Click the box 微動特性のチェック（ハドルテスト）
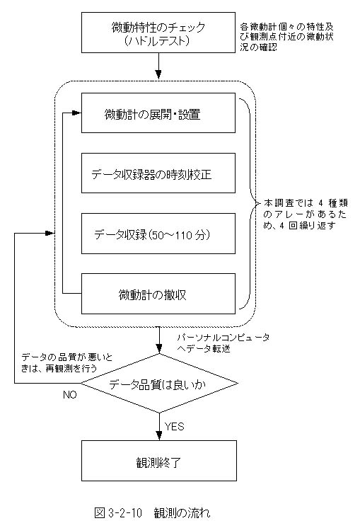[158, 33]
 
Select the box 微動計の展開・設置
[158, 113]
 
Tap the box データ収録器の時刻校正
[158, 173]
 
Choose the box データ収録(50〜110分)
[158, 234]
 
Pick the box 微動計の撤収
[158, 294]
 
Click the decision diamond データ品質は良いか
[159, 383]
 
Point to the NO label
[70, 395]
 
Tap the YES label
[174, 427]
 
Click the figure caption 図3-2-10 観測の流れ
[152, 512]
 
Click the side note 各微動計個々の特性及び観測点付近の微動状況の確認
[287, 37]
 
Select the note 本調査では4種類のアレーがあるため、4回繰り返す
[305, 214]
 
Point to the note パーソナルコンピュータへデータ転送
[223, 343]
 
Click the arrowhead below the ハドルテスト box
[158, 74]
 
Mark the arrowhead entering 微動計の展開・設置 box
[77, 113]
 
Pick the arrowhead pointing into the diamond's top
[159, 349]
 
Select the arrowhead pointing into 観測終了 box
[159, 436]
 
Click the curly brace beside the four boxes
[249, 203]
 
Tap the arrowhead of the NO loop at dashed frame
[50, 233]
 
